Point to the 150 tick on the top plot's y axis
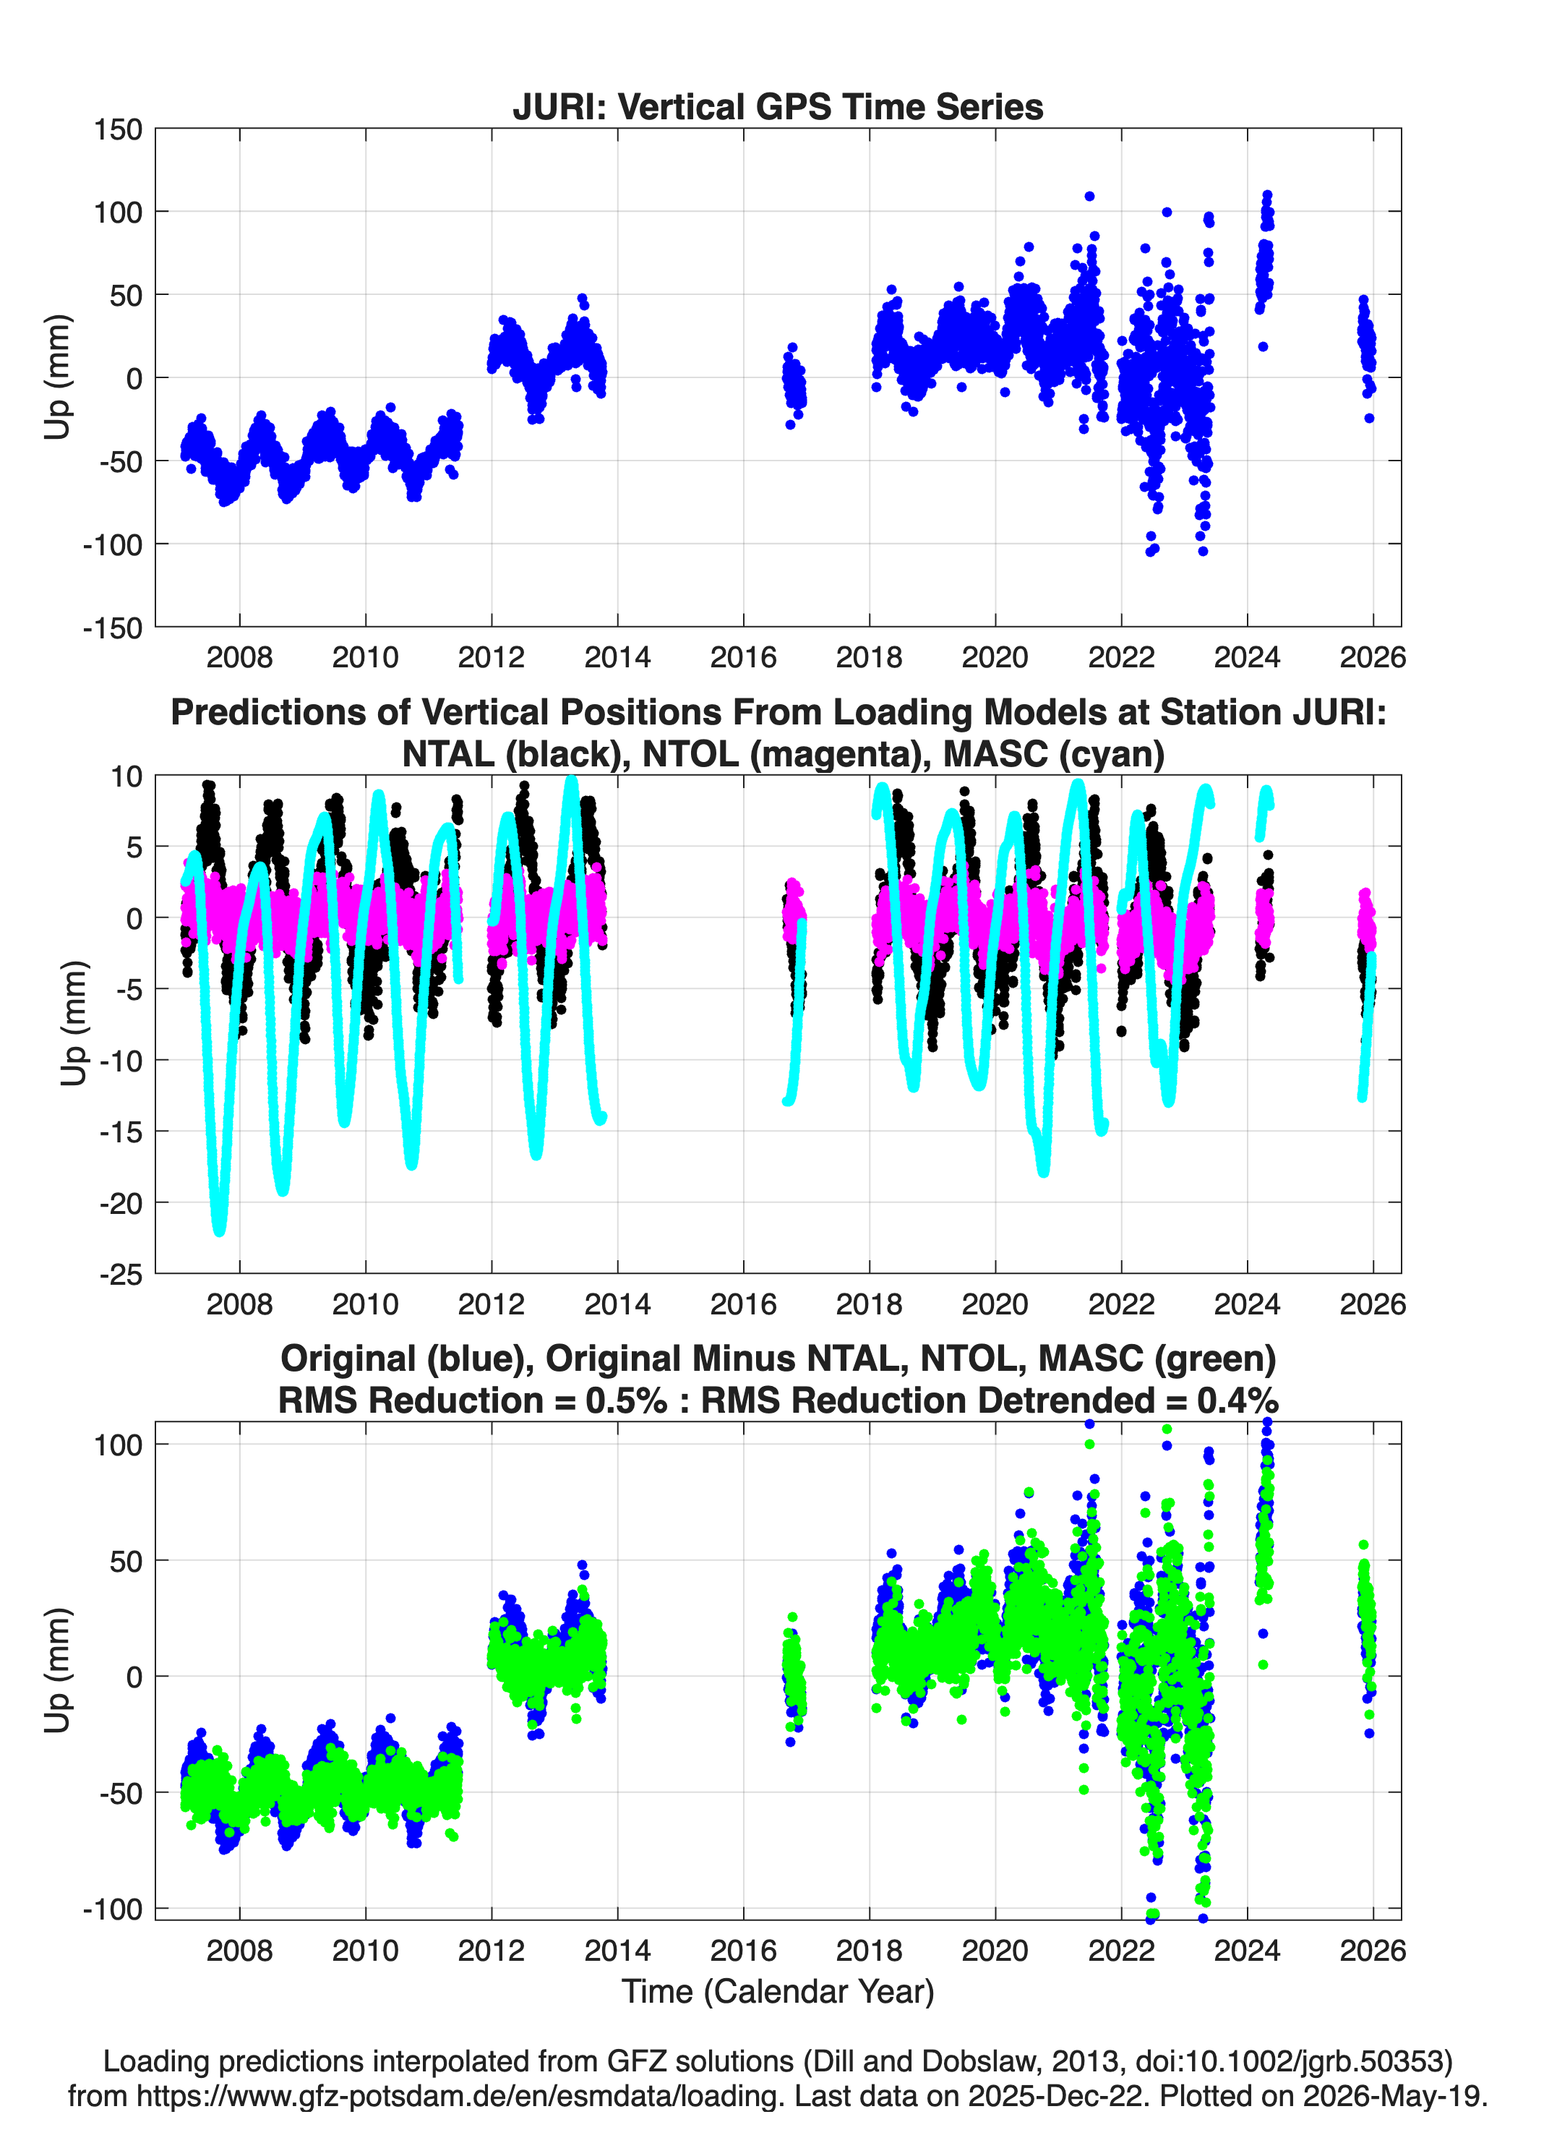coord(118,129)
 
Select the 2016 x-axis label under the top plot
coord(743,657)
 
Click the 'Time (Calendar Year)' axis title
coord(778,1992)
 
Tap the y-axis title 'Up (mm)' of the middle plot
coord(72,1023)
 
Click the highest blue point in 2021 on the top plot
coord(1089,197)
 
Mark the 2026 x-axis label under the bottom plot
coord(1373,1951)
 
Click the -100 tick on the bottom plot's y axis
coord(113,1909)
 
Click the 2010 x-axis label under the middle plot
coord(365,1304)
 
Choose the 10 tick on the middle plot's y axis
coord(126,777)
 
